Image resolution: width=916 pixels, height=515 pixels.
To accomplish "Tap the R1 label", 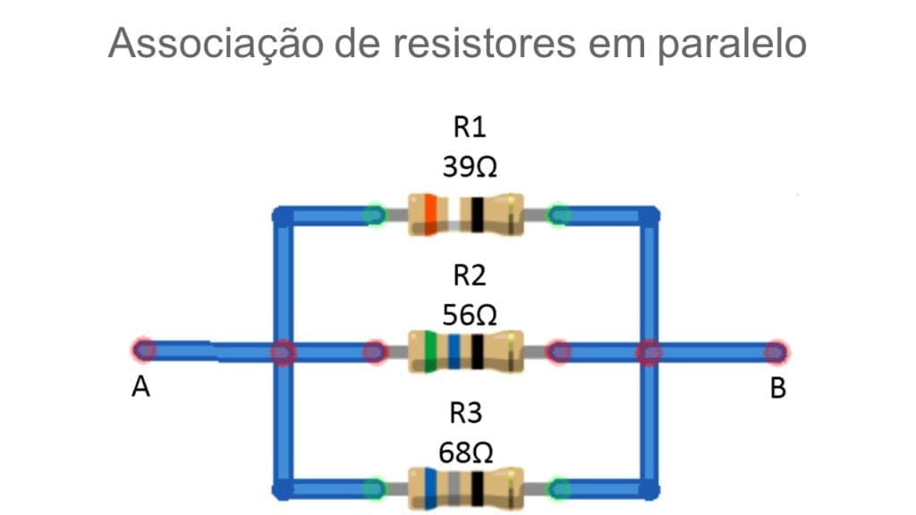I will click(470, 128).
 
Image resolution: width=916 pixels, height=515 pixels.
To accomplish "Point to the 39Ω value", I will click(470, 167).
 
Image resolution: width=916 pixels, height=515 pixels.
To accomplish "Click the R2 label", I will click(470, 276).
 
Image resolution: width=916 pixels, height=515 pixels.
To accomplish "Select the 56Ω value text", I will click(470, 315).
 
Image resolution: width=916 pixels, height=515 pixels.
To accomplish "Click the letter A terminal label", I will click(140, 389).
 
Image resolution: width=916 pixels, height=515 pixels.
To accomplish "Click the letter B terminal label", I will click(778, 389).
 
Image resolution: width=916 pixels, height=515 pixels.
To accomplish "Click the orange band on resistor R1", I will click(430, 215).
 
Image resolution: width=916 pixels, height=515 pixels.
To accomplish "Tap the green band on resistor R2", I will click(431, 351).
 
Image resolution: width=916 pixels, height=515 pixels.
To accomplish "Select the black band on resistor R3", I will click(478, 488).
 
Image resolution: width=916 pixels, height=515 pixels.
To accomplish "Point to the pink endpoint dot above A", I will click(143, 350).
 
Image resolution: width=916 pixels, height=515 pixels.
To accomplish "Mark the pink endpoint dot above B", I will click(775, 352).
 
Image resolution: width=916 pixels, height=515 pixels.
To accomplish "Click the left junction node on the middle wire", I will click(283, 352).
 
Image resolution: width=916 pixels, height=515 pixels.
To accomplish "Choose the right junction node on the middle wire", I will click(649, 352).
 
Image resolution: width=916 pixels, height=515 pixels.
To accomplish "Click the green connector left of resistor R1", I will click(375, 215).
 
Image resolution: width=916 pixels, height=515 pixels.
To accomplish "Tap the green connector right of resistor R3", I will click(559, 488).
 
